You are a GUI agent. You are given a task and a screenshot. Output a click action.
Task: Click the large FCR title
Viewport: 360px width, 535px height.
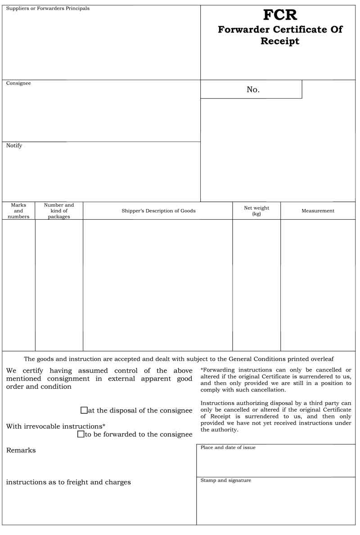click(280, 15)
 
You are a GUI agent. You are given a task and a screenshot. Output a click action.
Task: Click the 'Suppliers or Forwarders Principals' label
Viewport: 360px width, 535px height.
click(48, 9)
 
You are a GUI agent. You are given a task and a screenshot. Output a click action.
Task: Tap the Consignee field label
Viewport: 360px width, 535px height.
click(18, 83)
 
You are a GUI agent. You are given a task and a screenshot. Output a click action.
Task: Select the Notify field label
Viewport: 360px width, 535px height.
click(14, 145)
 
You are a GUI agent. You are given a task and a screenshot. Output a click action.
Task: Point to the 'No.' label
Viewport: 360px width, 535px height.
click(253, 90)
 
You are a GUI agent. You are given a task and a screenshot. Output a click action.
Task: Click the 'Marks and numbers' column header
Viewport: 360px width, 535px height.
click(18, 211)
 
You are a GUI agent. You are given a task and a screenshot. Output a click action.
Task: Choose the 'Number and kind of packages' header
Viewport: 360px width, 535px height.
click(59, 211)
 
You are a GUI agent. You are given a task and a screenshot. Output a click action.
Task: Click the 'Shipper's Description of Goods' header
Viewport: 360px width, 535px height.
click(158, 211)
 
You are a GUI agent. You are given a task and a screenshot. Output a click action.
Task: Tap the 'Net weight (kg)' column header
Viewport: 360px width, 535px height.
click(256, 211)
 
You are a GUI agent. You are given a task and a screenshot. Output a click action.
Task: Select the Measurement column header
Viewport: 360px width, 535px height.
click(318, 211)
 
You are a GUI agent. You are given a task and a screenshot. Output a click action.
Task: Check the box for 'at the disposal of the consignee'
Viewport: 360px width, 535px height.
click(84, 410)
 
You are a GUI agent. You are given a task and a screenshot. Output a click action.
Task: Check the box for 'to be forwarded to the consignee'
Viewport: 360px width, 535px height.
click(81, 434)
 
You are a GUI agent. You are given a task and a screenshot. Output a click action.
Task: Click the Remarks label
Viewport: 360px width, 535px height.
click(21, 450)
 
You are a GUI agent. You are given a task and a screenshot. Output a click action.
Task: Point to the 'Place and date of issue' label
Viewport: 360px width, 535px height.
click(228, 448)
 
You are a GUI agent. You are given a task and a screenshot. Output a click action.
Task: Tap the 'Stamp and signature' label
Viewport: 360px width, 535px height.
click(225, 481)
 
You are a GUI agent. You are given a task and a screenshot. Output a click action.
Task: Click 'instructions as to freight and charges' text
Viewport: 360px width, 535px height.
click(68, 482)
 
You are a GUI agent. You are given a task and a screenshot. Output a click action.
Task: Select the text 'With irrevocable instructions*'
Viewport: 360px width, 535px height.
click(56, 426)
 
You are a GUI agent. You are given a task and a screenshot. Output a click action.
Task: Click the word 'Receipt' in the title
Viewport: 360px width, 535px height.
click(280, 41)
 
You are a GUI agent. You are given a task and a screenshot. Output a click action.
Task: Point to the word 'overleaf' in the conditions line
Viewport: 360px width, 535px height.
click(320, 359)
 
